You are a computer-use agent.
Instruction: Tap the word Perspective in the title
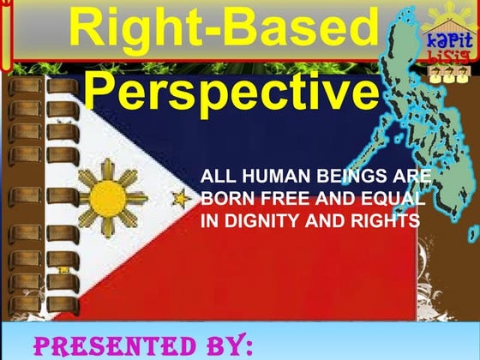[x=231, y=92]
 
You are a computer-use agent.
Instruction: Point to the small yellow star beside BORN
[x=183, y=200]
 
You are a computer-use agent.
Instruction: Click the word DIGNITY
[x=262, y=221]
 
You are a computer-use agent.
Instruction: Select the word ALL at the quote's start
[x=214, y=178]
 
